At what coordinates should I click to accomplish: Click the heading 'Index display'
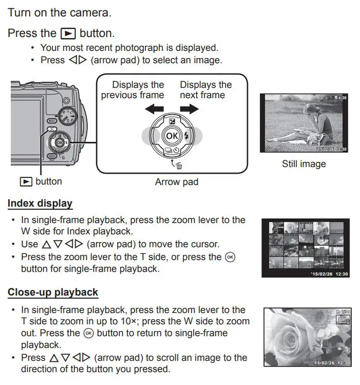click(40, 204)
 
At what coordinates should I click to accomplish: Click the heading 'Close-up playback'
click(52, 292)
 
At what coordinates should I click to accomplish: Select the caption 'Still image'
click(304, 164)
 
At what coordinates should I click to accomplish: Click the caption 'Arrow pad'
click(176, 181)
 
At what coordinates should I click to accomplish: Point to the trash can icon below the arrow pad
click(179, 164)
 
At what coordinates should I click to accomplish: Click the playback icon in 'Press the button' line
click(68, 33)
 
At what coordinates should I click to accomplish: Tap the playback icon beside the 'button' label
click(26, 181)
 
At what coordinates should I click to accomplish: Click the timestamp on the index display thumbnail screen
click(330, 274)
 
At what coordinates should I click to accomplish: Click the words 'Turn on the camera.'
click(59, 12)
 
